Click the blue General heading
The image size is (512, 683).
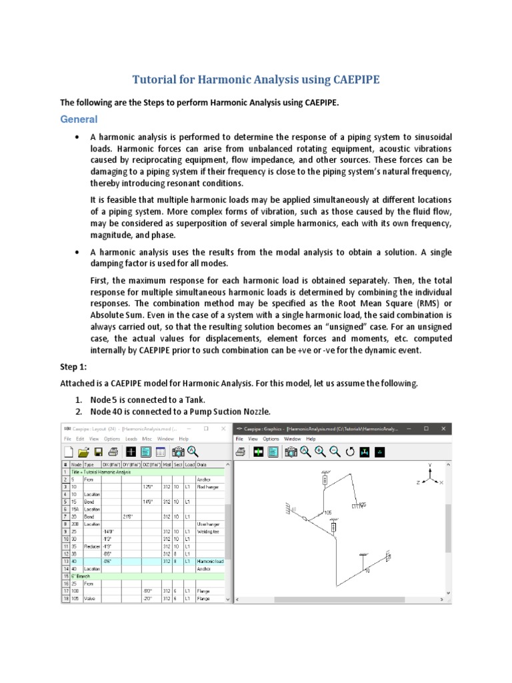pos(79,119)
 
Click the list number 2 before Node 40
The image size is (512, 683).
pos(78,411)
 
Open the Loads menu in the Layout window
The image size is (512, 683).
pos(131,439)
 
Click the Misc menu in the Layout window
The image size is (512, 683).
pos(147,439)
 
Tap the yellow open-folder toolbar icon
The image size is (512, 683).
pos(83,452)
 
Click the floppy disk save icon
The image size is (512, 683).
pos(97,452)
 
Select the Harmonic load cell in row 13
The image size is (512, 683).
pos(210,561)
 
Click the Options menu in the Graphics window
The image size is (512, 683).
pos(271,439)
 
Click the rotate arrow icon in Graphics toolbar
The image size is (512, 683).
pos(350,452)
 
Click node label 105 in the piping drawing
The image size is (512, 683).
pos(327,512)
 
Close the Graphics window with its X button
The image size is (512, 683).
pos(445,428)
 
